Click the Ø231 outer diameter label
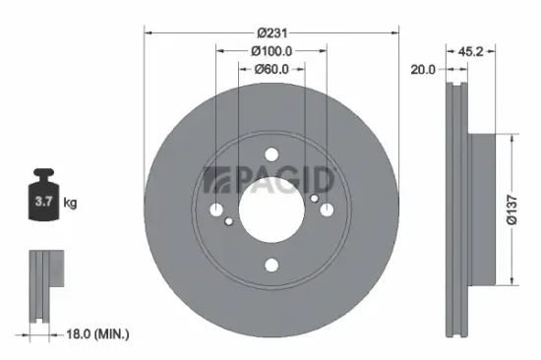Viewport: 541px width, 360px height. coord(271,31)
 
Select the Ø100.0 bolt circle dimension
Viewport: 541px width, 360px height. coord(271,50)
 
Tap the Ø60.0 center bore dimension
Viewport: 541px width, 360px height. coord(271,69)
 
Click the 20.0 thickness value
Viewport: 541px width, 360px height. coord(424,69)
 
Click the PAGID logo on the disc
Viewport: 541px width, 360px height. coord(270,180)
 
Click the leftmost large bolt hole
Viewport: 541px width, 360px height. coord(216,210)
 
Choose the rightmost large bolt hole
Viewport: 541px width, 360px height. coord(327,210)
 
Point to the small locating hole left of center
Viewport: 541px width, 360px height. coord(229,221)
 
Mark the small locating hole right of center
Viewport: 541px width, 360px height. coord(314,200)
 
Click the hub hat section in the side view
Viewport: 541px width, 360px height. coord(484,210)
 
